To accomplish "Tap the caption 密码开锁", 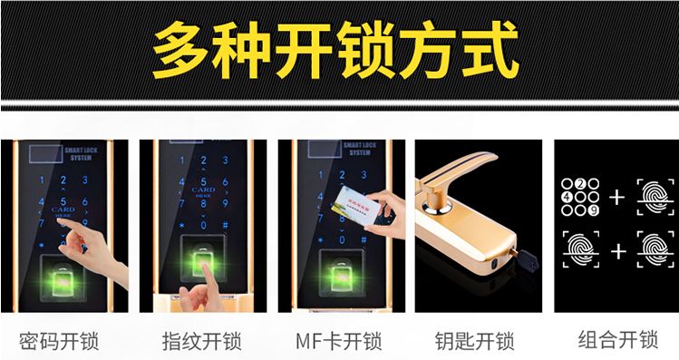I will (x=59, y=342).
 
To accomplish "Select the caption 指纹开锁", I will (x=201, y=342).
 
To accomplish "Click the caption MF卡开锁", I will (x=339, y=342).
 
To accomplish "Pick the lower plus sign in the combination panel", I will (x=617, y=251).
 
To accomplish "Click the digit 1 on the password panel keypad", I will (x=40, y=180).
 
